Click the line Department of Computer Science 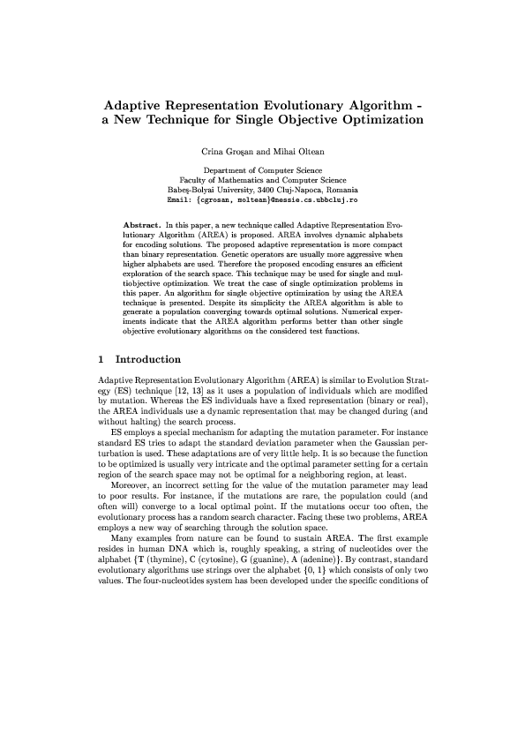262,169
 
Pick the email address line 262,200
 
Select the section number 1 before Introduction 101,359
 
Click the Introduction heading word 148,359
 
